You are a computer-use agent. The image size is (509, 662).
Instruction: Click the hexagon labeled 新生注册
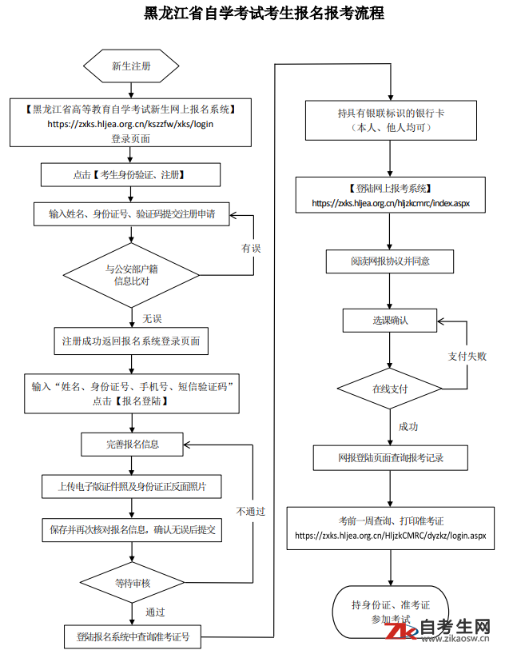pos(131,66)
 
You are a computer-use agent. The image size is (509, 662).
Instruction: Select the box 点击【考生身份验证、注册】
pos(130,175)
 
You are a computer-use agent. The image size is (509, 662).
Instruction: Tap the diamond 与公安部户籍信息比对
pos(131,275)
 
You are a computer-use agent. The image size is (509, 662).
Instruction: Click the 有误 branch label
pos(251,248)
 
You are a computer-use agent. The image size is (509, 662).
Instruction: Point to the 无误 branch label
pos(152,319)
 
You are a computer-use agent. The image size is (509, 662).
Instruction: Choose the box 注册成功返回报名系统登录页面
pos(131,341)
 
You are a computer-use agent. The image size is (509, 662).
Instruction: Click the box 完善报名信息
pos(132,445)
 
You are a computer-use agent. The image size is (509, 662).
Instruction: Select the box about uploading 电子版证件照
pos(132,487)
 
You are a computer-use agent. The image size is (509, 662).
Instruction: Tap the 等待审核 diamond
pos(132,583)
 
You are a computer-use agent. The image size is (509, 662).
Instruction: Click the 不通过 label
pos(251,511)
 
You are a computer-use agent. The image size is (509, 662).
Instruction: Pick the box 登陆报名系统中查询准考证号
pos(133,636)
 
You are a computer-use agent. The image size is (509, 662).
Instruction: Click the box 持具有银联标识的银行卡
pos(391,120)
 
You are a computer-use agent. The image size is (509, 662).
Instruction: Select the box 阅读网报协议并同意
pos(390,261)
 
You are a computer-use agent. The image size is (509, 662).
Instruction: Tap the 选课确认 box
pos(390,321)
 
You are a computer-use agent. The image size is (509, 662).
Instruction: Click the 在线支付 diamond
pos(390,389)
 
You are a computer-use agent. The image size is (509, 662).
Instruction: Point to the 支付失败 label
pos(467,357)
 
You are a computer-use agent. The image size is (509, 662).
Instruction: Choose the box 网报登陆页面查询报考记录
pos(391,457)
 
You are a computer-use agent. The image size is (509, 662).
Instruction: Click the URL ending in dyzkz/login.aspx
pos(391,536)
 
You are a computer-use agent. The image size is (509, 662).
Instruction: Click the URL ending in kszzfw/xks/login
pos(130,124)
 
